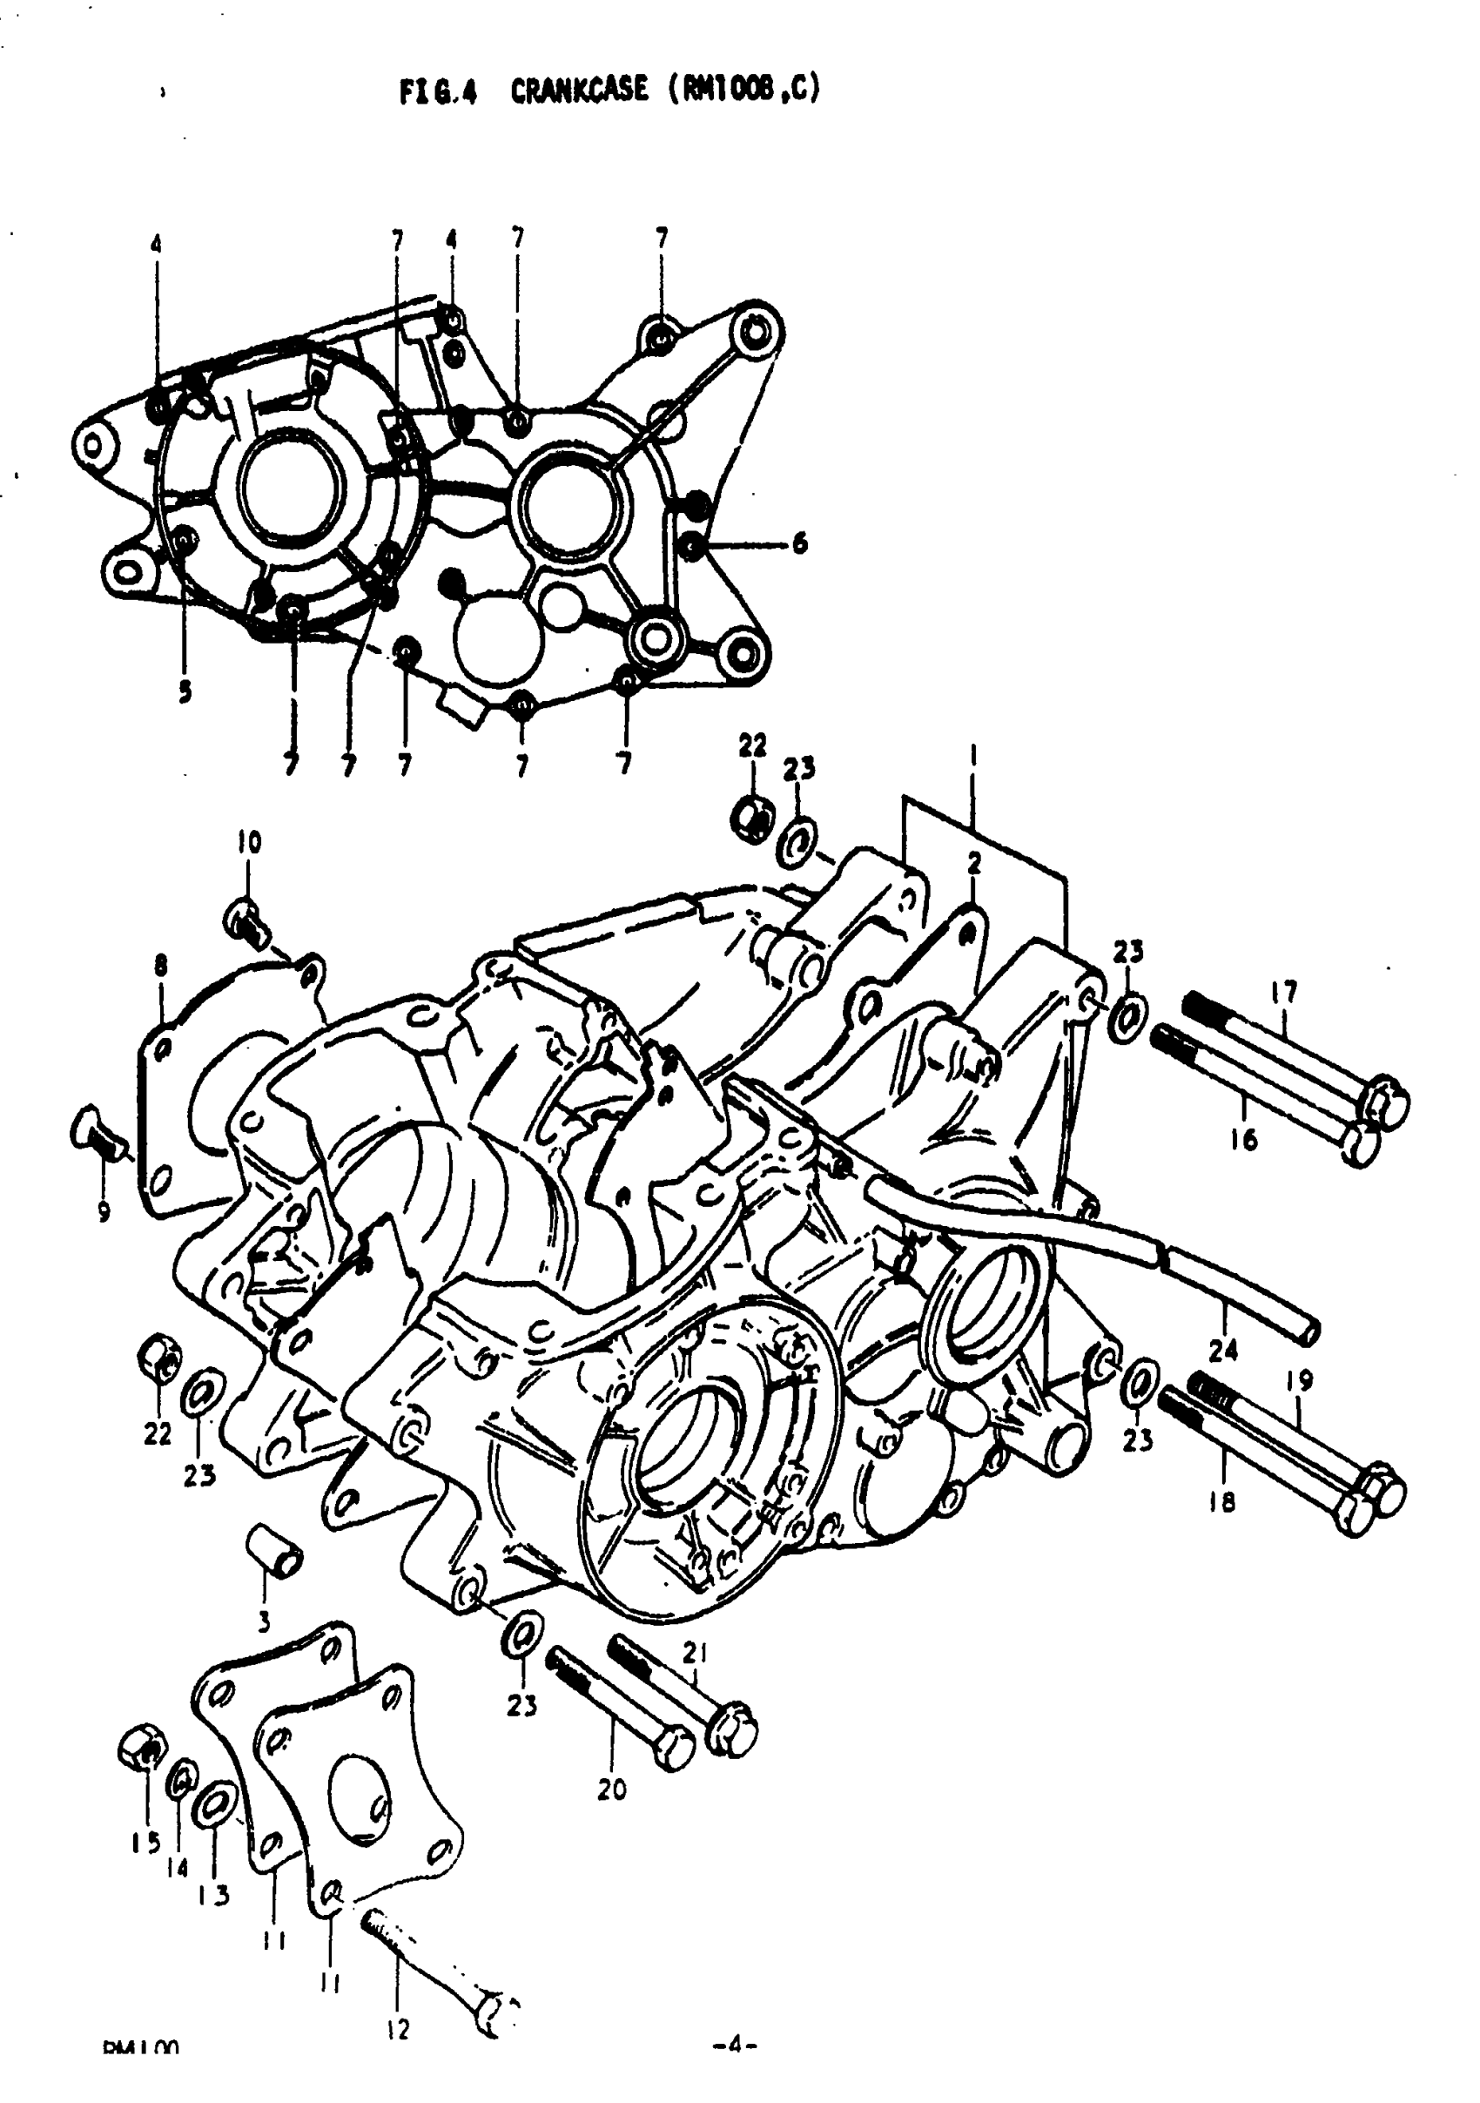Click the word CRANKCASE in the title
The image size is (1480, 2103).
coord(578,90)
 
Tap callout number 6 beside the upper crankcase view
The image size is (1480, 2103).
coord(799,544)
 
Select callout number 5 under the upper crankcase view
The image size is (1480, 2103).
coord(185,692)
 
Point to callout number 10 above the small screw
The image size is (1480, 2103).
coord(249,841)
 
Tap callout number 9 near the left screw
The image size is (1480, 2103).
coord(104,1213)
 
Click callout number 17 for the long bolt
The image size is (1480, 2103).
coord(1284,991)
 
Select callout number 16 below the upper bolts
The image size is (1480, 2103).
coord(1244,1141)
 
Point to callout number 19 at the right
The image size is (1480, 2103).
coord(1300,1379)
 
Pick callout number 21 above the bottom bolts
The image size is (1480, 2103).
coord(695,1653)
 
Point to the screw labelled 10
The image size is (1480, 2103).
coord(246,919)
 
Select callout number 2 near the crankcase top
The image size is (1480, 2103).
coord(973,862)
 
